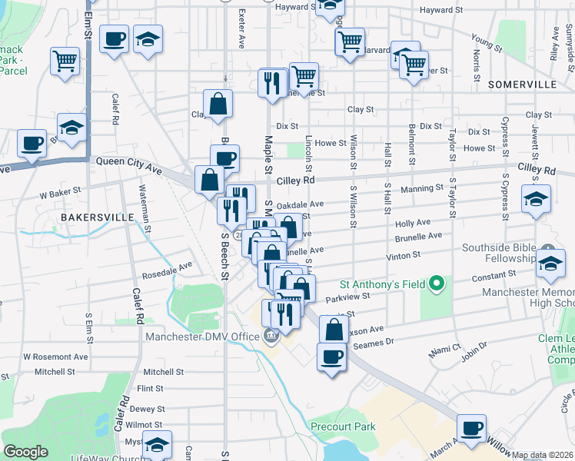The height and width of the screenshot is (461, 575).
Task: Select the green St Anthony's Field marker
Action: (437, 285)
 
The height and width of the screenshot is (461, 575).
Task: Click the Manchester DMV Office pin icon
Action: (271, 336)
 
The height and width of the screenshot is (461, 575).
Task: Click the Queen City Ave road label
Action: (128, 162)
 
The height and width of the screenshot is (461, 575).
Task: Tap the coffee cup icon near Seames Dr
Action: (331, 357)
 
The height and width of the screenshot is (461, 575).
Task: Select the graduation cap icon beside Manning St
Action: (536, 199)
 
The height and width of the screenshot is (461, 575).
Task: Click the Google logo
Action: (25, 452)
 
